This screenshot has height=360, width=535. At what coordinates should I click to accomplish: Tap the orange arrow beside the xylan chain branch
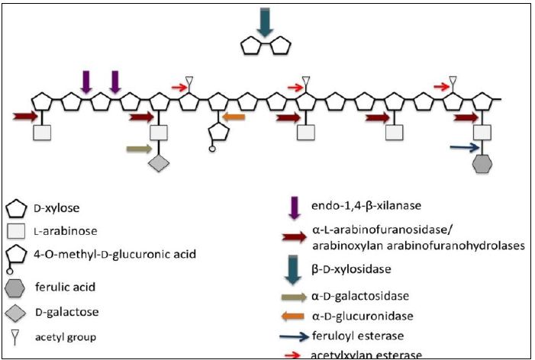[x=233, y=117]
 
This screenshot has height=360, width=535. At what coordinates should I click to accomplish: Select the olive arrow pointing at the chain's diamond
[x=138, y=149]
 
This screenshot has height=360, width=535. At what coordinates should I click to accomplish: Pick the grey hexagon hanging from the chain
[x=482, y=164]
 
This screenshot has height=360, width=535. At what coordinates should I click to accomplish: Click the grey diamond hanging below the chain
[x=158, y=163]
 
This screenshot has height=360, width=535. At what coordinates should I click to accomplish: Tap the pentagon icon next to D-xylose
[x=17, y=207]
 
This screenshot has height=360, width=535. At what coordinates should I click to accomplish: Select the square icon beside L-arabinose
[x=17, y=230]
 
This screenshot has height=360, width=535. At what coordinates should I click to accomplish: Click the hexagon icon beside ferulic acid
[x=17, y=288]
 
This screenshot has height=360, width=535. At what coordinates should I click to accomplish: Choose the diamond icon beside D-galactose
[x=17, y=313]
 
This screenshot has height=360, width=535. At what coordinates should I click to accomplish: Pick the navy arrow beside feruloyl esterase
[x=295, y=336]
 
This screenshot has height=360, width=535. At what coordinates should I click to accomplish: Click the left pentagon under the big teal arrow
[x=252, y=47]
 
